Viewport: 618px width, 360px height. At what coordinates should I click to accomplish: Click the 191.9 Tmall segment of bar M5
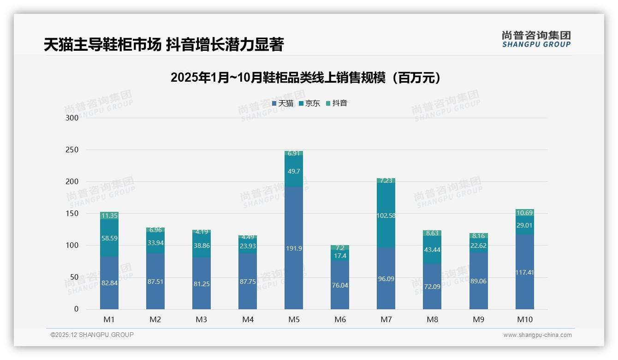click(x=294, y=248)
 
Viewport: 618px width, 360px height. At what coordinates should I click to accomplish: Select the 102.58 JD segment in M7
click(x=386, y=216)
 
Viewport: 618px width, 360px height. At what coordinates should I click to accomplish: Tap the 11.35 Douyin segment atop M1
click(x=109, y=216)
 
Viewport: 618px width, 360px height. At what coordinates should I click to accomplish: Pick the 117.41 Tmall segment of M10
click(x=524, y=272)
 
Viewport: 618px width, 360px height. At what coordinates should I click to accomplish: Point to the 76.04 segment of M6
click(x=340, y=285)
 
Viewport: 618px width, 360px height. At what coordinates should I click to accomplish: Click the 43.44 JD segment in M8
click(x=432, y=250)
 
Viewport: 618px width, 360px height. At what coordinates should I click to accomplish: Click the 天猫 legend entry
click(x=283, y=103)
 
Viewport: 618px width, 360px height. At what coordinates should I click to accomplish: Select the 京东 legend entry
click(x=309, y=103)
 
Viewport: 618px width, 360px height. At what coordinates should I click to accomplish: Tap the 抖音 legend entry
click(x=337, y=103)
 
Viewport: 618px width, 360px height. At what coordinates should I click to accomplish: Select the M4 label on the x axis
click(x=248, y=319)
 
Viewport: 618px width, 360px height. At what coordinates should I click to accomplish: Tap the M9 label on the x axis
click(x=478, y=319)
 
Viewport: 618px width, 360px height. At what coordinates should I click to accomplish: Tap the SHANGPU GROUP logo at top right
click(x=536, y=39)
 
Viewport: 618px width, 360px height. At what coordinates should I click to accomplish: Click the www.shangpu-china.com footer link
click(x=537, y=335)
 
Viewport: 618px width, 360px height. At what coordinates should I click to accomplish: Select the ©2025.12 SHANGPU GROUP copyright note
click(x=92, y=335)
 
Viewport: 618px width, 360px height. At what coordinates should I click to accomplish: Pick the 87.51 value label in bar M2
click(x=155, y=282)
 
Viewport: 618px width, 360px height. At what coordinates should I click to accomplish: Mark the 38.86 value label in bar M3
click(x=202, y=246)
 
